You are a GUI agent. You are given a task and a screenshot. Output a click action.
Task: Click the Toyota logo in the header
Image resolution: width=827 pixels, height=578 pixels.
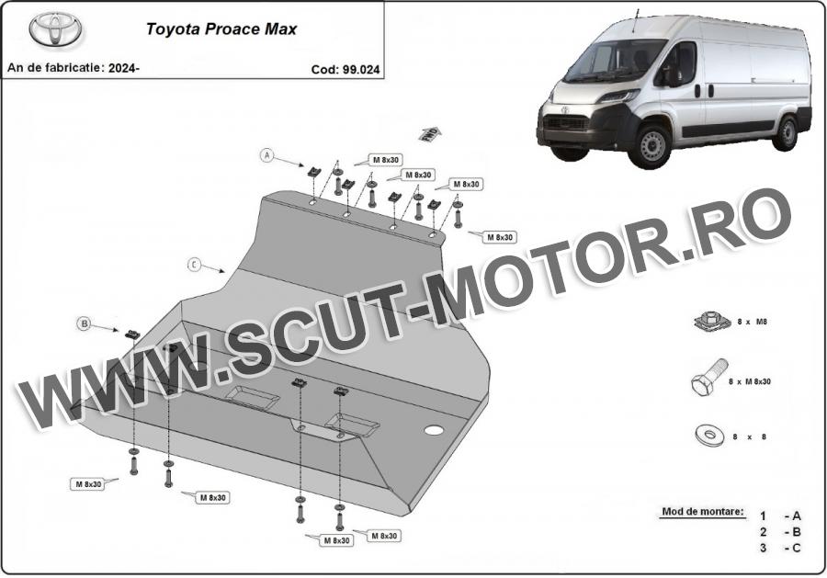(x=55, y=29)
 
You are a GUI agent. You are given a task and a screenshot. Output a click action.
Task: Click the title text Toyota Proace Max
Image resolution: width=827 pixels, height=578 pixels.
(x=221, y=28)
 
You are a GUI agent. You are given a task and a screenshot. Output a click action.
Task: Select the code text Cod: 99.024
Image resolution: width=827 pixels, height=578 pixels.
(x=345, y=70)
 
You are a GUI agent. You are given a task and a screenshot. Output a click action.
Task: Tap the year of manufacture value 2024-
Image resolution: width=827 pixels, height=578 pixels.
(x=124, y=68)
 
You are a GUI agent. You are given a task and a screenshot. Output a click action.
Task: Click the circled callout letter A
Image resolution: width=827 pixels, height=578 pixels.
(x=267, y=155)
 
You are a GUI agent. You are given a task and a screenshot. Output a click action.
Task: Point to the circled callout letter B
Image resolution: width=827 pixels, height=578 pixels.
(x=85, y=323)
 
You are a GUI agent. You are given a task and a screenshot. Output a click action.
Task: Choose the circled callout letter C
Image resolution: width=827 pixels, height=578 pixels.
(x=195, y=265)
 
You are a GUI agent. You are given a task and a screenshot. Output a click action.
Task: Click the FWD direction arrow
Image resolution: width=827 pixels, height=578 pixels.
(x=430, y=133)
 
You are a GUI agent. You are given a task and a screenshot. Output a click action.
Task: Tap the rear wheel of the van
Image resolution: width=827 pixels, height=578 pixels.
(x=787, y=134)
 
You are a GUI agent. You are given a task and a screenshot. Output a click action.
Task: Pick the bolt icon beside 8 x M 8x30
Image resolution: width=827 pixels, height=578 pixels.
(x=709, y=379)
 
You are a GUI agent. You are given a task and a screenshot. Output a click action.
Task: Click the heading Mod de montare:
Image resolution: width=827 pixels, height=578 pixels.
(x=703, y=511)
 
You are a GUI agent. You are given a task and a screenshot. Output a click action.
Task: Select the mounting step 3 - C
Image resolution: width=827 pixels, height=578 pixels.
(x=780, y=548)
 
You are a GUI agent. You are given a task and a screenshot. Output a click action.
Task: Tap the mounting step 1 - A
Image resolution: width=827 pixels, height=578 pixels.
(x=780, y=516)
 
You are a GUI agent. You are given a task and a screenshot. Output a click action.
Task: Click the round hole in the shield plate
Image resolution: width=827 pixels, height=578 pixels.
(x=433, y=430)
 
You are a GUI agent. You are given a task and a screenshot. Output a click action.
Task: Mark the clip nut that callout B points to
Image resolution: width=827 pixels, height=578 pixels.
(x=132, y=334)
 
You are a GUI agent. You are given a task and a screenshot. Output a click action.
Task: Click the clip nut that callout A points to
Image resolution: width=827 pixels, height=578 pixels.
(x=314, y=172)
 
